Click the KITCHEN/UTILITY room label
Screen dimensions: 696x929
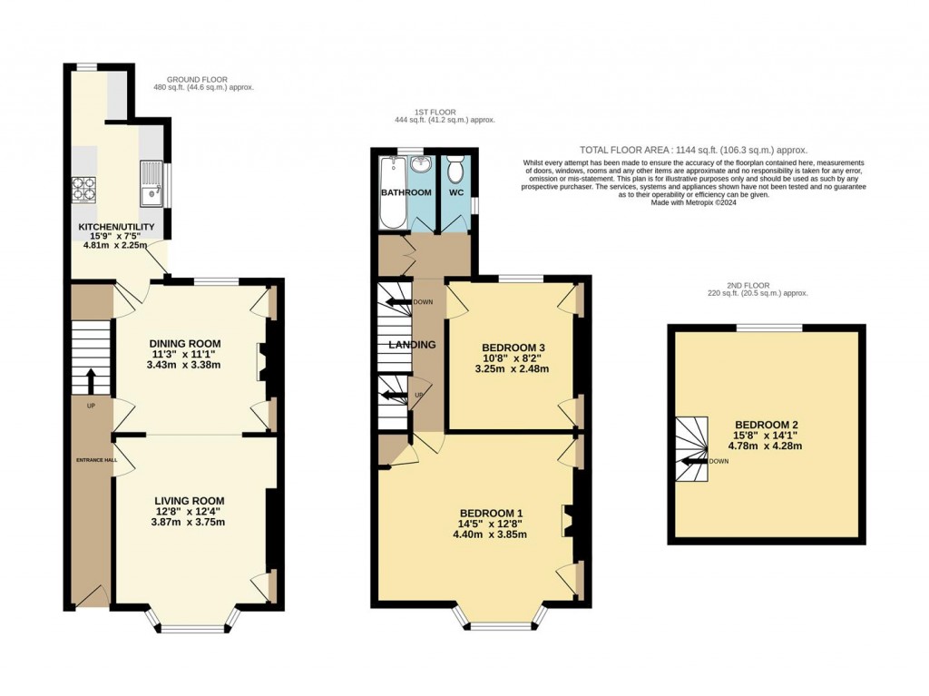(115, 226)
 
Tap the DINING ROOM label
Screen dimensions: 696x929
(185, 343)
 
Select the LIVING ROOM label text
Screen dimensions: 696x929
(189, 501)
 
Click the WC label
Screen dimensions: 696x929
(456, 192)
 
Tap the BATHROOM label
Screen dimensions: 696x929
(406, 192)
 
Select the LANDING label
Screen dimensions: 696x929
(412, 345)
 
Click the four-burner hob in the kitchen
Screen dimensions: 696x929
(83, 188)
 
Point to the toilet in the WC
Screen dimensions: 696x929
(456, 169)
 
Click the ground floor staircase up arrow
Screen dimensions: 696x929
(90, 380)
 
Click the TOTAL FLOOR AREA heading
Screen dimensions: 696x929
(693, 151)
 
